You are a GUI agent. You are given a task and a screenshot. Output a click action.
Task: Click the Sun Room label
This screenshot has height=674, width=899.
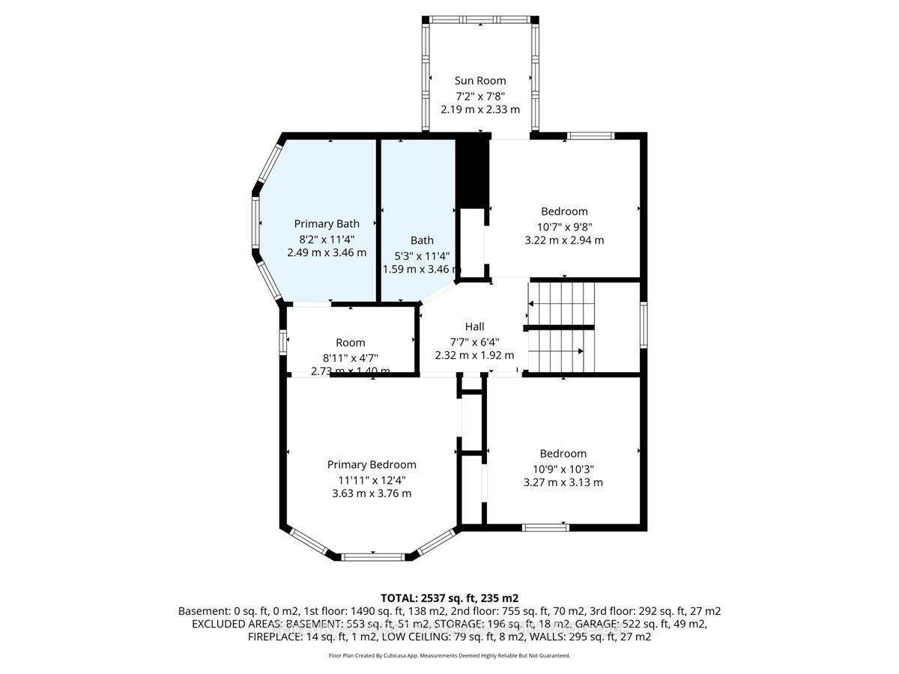[x=480, y=80]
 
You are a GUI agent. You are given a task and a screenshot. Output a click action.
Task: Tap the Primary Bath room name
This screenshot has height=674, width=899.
[x=327, y=223]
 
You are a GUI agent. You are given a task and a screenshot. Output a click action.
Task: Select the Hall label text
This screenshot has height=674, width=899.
[x=474, y=327]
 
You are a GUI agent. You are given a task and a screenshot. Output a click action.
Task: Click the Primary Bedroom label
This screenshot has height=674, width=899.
[x=372, y=464]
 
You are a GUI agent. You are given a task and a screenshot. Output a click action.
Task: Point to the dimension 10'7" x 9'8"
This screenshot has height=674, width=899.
[x=564, y=226]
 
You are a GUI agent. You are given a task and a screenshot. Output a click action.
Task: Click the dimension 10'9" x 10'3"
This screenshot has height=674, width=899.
[x=563, y=468]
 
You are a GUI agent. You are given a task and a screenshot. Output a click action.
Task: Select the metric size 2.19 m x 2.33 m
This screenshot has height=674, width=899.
[x=480, y=109]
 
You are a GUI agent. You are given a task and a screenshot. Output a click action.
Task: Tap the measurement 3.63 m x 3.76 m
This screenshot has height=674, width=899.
[x=372, y=494]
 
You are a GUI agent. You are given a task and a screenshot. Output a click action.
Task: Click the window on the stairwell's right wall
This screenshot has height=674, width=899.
[x=643, y=325]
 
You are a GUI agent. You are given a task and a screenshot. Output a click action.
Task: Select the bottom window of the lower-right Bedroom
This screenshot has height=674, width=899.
[x=545, y=527]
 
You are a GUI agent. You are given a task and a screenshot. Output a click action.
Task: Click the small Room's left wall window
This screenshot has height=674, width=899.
[x=283, y=341]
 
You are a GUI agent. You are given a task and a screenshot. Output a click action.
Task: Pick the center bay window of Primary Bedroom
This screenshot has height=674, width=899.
[x=372, y=556]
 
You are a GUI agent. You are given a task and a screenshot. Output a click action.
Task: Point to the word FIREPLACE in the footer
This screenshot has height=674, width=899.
[x=275, y=637]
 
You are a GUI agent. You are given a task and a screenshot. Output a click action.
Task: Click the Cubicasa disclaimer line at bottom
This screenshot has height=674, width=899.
[x=449, y=655]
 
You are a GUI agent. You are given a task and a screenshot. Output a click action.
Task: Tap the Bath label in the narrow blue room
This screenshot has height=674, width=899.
[x=422, y=240]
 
